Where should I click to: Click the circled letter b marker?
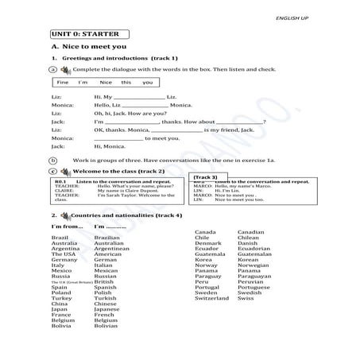point(52,159)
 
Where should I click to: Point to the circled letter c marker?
point(52,171)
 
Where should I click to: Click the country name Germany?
point(64,259)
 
